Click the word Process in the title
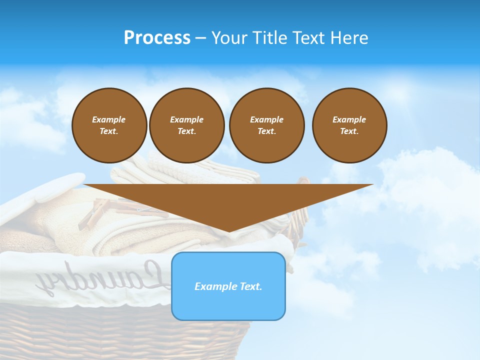[157, 38]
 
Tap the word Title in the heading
[270, 38]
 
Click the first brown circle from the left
[109, 125]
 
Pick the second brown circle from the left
[186, 125]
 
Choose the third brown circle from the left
[266, 125]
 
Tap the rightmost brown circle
[349, 125]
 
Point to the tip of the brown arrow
[228, 231]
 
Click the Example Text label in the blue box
[228, 286]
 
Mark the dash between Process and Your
[200, 38]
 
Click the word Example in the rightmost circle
[349, 119]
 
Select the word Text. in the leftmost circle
[109, 131]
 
